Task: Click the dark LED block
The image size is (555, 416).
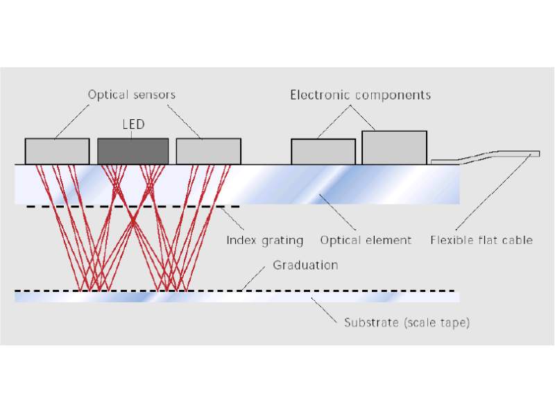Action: pos(133,150)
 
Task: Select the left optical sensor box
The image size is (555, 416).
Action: pos(57,151)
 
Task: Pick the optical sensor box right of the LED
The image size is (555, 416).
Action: pos(208,151)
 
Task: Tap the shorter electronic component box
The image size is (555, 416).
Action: pos(323,152)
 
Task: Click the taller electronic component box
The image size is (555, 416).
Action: pos(394,147)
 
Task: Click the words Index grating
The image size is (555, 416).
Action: pos(265,240)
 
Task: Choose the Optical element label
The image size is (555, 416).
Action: pos(366,240)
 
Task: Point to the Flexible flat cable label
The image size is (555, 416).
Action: pos(481,240)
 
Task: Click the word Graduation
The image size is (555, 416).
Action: pos(305,265)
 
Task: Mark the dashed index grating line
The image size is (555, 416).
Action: pos(132,207)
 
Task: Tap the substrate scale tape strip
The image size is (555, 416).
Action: pos(236,297)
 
